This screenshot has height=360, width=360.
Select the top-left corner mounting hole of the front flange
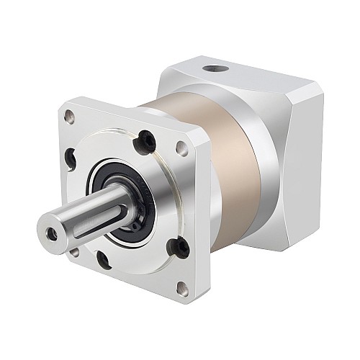[69, 115]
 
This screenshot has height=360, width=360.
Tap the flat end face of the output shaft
[52, 233]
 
